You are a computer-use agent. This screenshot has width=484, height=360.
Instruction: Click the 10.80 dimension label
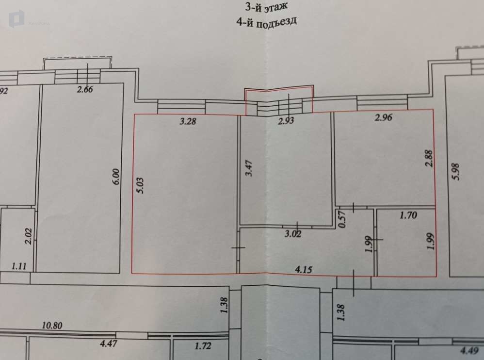click(52, 326)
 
